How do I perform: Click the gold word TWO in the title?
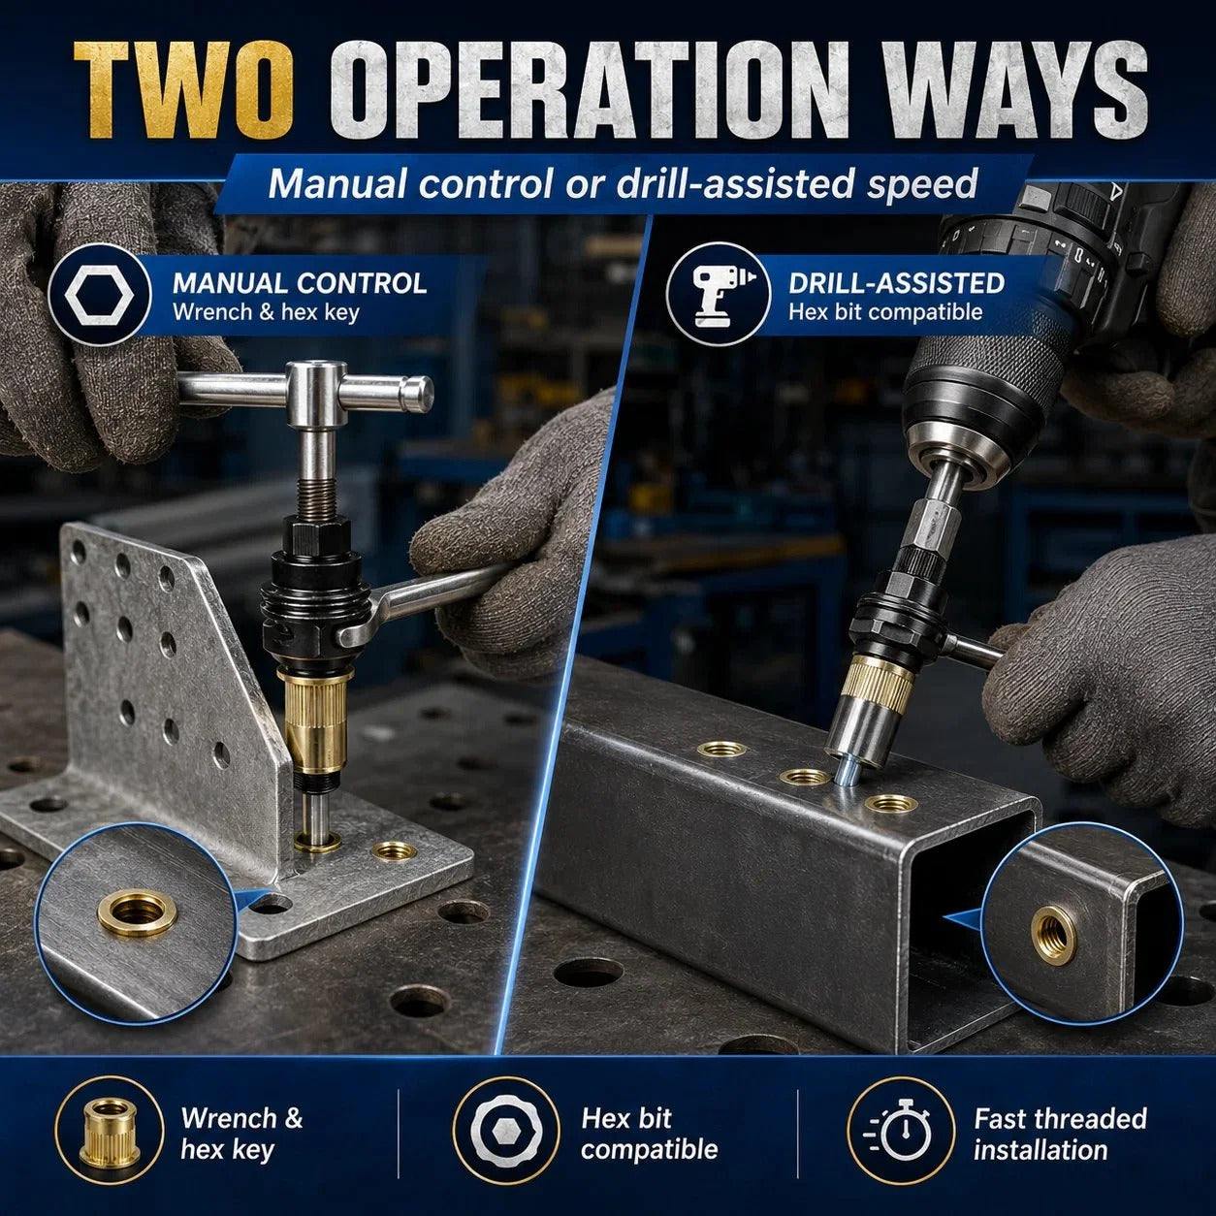pyautogui.click(x=183, y=89)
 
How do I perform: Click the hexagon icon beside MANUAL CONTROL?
pyautogui.click(x=99, y=295)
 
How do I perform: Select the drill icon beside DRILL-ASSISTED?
pyautogui.click(x=719, y=295)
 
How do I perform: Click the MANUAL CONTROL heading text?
pyautogui.click(x=300, y=283)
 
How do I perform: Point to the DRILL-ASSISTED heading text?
pyautogui.click(x=896, y=283)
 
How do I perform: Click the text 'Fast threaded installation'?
pyautogui.click(x=1060, y=1134)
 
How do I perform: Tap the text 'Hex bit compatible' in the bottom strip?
pyautogui.click(x=650, y=1134)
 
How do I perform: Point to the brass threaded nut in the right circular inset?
pyautogui.click(x=1054, y=935)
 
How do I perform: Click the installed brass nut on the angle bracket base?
pyautogui.click(x=395, y=851)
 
